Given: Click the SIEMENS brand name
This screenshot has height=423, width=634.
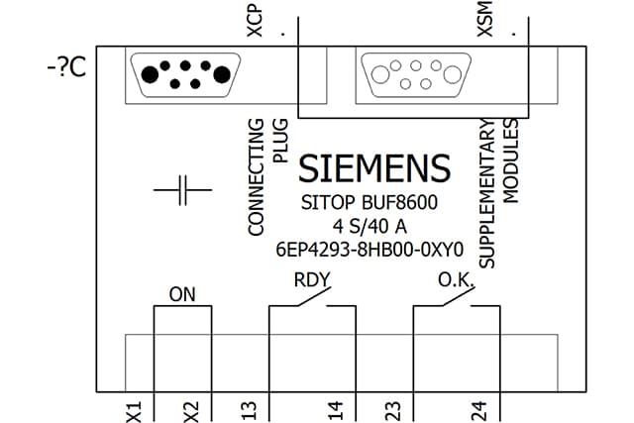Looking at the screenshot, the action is click(x=374, y=168).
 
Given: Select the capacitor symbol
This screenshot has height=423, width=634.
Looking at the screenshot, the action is click(x=182, y=190).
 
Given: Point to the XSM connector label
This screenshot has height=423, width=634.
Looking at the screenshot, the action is click(x=484, y=19).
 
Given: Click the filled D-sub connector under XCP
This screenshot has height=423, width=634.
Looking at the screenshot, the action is click(x=185, y=75).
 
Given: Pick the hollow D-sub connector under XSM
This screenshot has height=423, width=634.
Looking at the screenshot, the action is click(x=416, y=75).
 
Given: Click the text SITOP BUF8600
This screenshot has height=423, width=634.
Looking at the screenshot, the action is click(x=370, y=202).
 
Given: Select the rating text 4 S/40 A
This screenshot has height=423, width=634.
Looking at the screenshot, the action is click(x=370, y=227).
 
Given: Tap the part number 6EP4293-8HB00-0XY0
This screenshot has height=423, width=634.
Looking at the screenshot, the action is click(x=370, y=250).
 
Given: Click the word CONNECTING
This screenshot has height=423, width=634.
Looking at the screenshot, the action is click(x=256, y=177).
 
